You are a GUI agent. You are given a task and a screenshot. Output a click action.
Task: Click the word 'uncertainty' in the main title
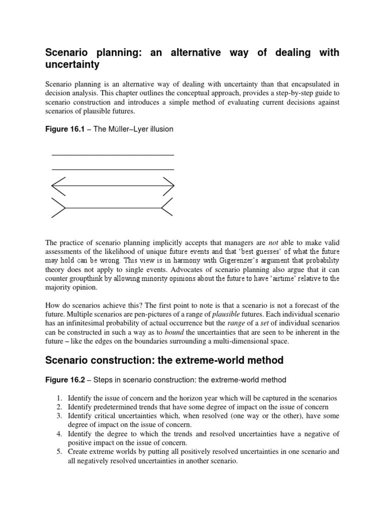pos(73,65)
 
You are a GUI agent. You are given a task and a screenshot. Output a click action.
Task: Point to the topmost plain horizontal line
pos(113,155)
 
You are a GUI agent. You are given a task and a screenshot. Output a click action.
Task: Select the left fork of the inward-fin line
pos(58,207)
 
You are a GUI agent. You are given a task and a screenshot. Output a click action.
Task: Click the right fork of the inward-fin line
pos(168,207)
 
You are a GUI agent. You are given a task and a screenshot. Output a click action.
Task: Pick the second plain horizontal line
pos(113,170)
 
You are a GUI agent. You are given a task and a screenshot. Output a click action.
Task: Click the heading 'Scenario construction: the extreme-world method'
pos(164,360)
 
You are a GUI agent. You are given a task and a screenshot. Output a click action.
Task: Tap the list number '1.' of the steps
pos(59,398)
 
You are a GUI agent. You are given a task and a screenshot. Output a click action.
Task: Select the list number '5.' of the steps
pos(59,452)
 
